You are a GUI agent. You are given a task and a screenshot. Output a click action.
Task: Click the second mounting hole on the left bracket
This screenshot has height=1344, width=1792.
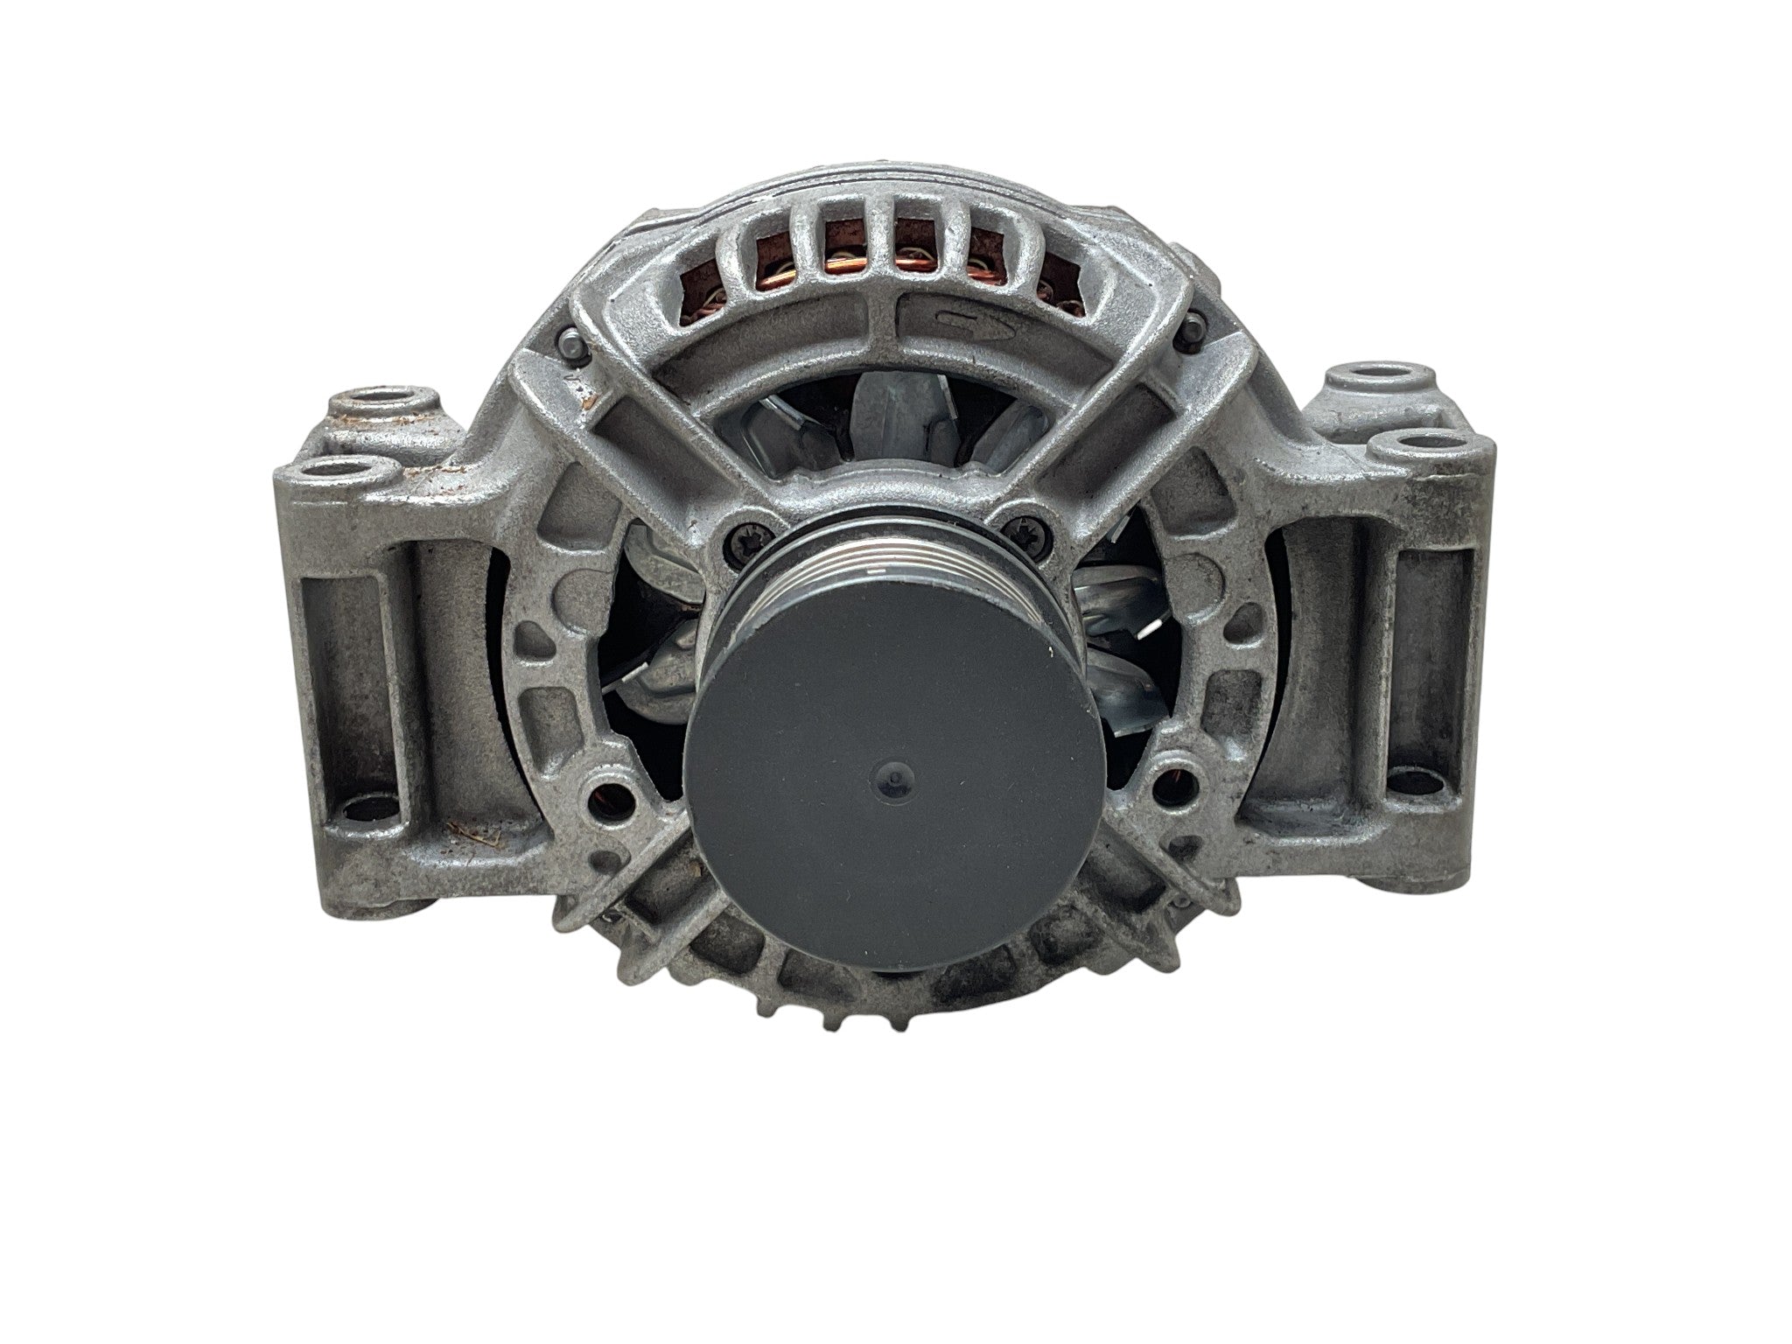[346, 476]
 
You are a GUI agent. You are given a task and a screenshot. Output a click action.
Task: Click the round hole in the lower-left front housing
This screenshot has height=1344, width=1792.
[619, 794]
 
